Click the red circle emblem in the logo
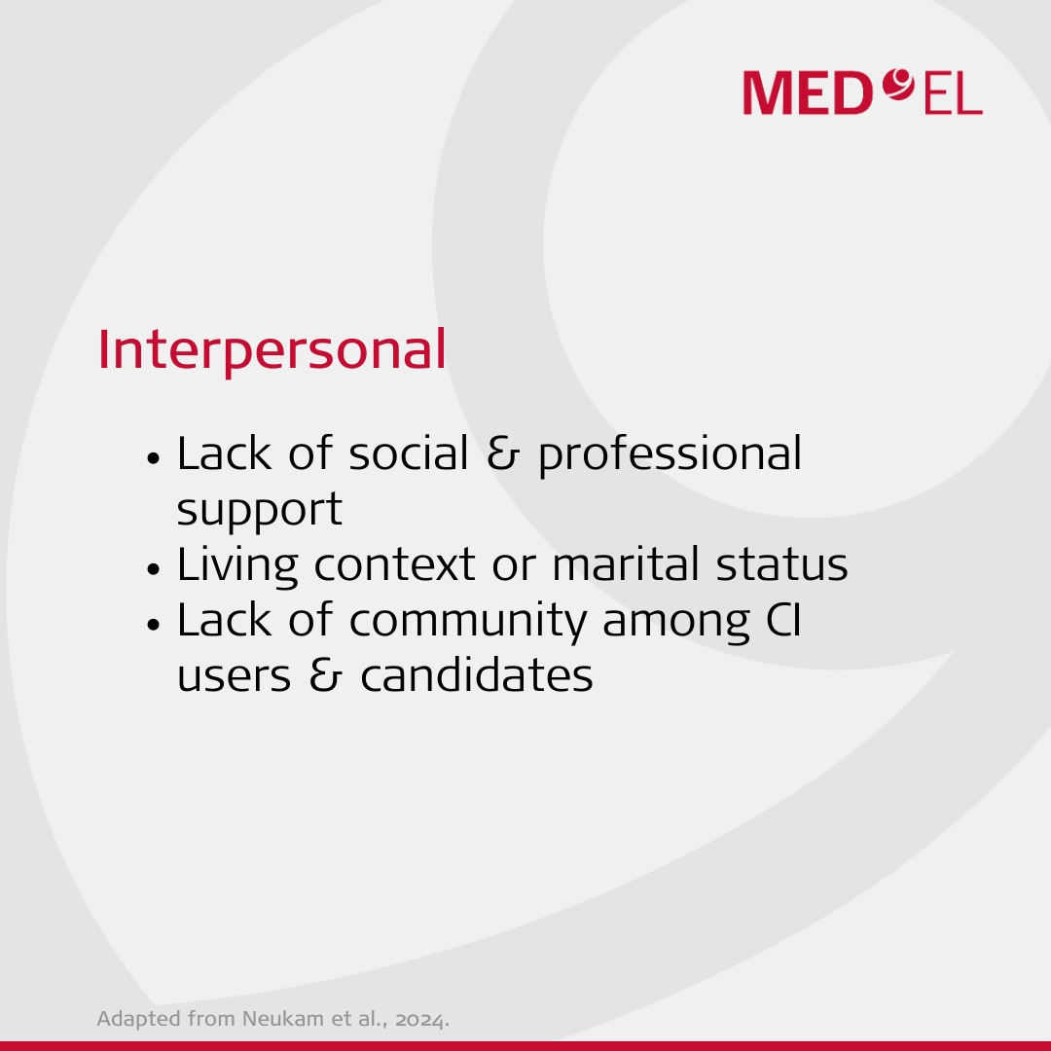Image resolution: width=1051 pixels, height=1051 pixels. point(898,85)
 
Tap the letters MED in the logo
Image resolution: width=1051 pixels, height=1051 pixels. point(808,93)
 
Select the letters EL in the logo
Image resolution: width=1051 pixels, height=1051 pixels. point(953,94)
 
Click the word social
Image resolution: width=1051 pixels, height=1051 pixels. point(408,453)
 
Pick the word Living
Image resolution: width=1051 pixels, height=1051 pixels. point(237,565)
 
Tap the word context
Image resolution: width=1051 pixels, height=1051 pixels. point(395,565)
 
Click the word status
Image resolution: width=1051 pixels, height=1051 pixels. point(781,565)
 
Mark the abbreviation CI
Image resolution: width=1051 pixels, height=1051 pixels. point(783,620)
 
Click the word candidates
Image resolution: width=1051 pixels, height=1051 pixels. point(477,674)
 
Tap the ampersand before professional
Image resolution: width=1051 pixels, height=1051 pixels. point(503,453)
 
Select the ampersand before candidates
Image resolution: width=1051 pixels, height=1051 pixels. point(326,675)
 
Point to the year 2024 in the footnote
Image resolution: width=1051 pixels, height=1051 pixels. point(420,1020)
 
